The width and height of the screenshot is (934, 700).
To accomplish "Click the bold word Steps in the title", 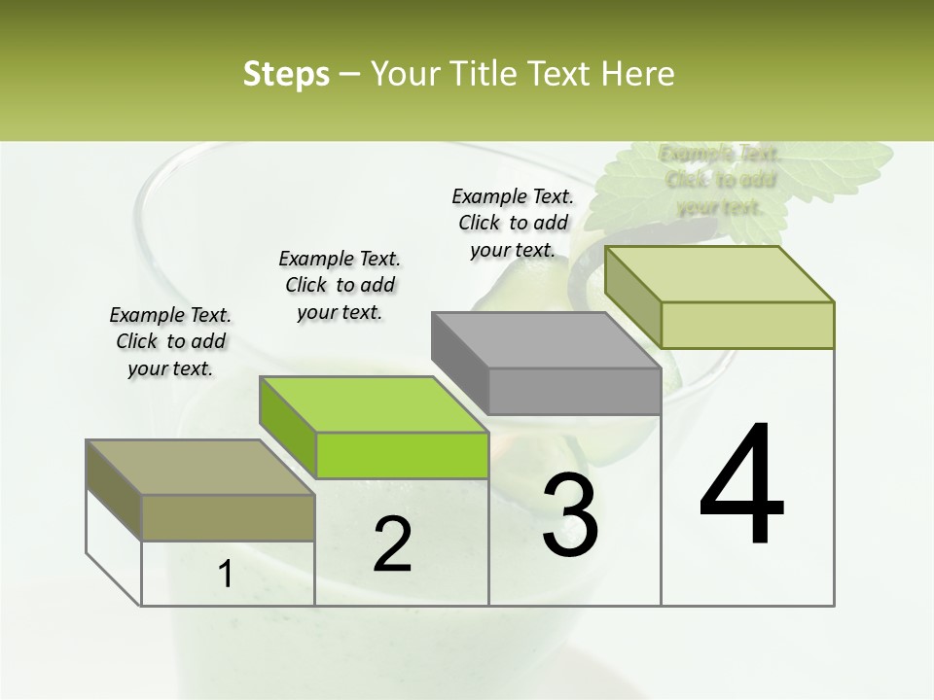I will [286, 74].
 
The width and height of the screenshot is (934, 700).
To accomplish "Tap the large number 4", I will [742, 486].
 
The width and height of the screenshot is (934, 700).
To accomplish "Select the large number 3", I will [570, 516].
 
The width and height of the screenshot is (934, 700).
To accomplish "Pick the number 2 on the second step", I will [392, 545].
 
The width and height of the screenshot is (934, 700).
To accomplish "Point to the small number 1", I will [226, 575].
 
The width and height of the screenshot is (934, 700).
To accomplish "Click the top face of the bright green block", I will [374, 403].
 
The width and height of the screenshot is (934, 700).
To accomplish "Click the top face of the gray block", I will [546, 340].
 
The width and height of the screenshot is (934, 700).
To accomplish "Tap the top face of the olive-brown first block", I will [200, 467].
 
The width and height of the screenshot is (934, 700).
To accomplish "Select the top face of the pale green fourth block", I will [719, 274].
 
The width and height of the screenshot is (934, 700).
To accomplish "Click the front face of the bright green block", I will [402, 455].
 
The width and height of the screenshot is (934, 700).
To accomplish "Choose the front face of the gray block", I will [574, 392].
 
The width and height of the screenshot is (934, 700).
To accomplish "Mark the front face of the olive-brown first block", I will [228, 517].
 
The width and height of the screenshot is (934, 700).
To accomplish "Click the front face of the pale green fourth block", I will [747, 325].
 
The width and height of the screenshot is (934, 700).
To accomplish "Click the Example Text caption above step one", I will [170, 341].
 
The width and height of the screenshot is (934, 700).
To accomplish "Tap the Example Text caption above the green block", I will [340, 285].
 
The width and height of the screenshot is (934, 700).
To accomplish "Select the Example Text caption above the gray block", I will [513, 223].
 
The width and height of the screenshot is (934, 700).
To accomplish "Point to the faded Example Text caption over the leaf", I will [719, 180].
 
